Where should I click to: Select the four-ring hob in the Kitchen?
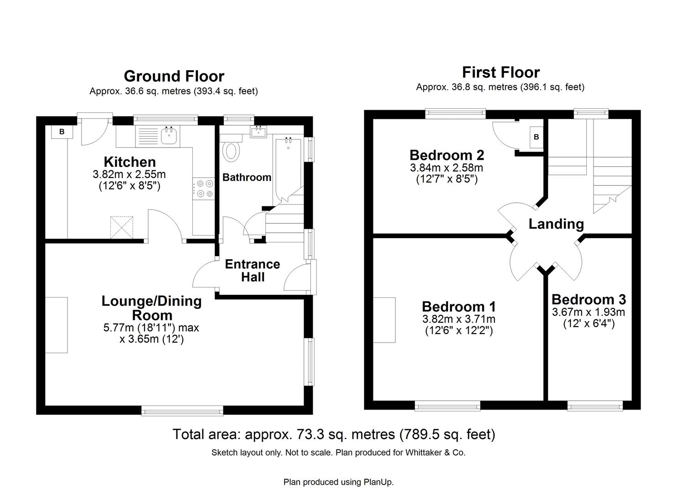203,189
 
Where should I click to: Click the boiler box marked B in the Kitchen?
62,132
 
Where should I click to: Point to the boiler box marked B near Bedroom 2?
536,137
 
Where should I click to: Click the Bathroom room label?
247,177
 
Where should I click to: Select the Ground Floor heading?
174,76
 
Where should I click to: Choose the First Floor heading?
501,72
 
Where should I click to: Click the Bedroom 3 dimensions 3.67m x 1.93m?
588,312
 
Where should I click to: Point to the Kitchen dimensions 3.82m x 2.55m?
129,174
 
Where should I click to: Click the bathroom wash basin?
258,132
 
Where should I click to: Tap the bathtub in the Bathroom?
287,169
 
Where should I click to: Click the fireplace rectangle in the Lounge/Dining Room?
57,325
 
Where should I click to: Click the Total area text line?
333,434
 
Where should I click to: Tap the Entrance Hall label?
252,271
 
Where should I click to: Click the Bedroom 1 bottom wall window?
447,405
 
